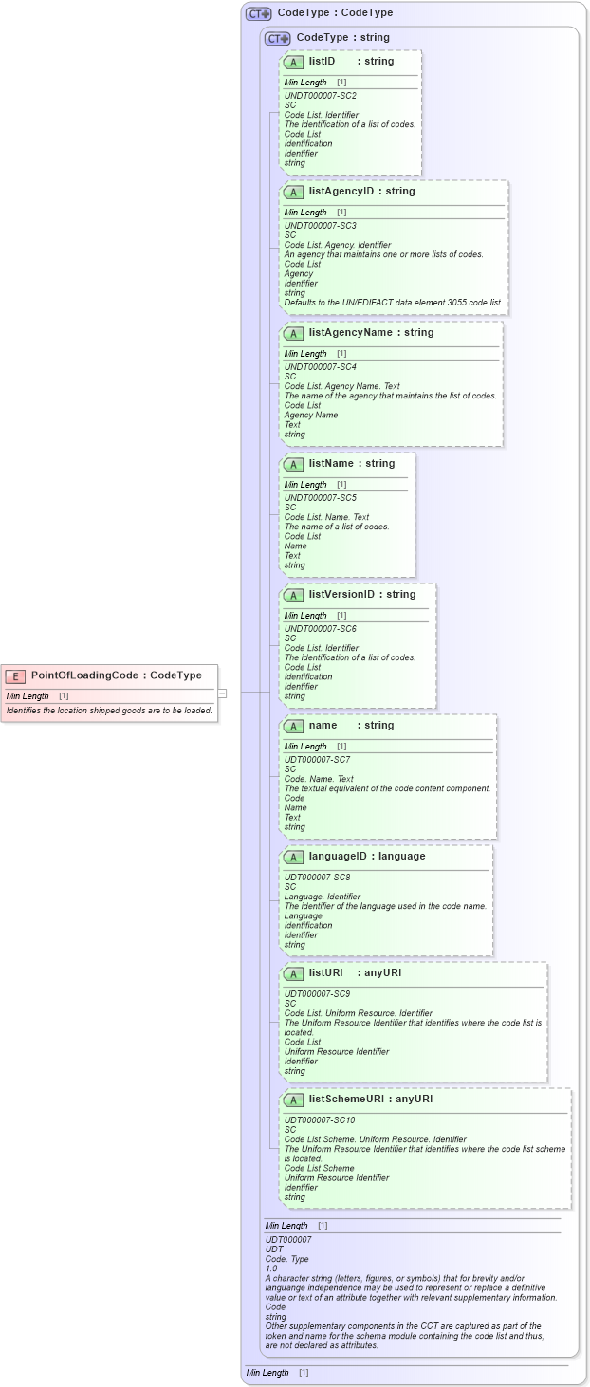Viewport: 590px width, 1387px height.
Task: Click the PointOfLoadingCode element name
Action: click(88, 675)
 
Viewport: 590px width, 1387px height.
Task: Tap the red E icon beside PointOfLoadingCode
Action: click(15, 676)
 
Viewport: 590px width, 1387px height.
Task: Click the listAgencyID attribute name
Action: click(342, 191)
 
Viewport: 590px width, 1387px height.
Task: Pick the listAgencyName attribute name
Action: click(351, 332)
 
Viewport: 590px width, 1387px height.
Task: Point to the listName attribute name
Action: click(327, 463)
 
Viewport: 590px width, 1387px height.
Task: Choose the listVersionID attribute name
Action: click(342, 594)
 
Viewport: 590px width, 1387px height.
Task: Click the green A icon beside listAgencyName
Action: click(293, 333)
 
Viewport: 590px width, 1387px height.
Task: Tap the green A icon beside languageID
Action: click(293, 857)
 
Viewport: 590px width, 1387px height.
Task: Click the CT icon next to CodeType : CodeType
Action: click(258, 14)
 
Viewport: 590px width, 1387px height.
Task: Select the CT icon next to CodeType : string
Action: click(277, 39)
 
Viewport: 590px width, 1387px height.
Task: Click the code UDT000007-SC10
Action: click(320, 1120)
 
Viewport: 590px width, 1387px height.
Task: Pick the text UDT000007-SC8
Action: click(317, 878)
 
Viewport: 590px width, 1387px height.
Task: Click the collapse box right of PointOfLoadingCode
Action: click(223, 693)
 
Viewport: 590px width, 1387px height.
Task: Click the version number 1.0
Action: click(271, 1268)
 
